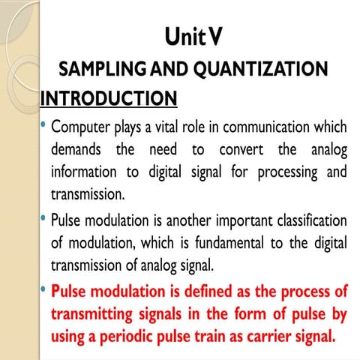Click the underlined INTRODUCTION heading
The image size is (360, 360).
[108, 99]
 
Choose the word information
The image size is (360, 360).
[85, 172]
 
